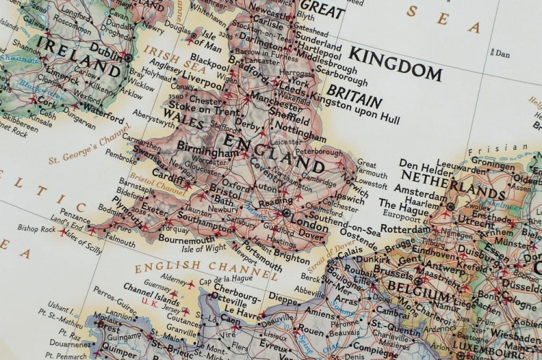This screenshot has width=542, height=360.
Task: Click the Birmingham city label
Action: click(x=208, y=153)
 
